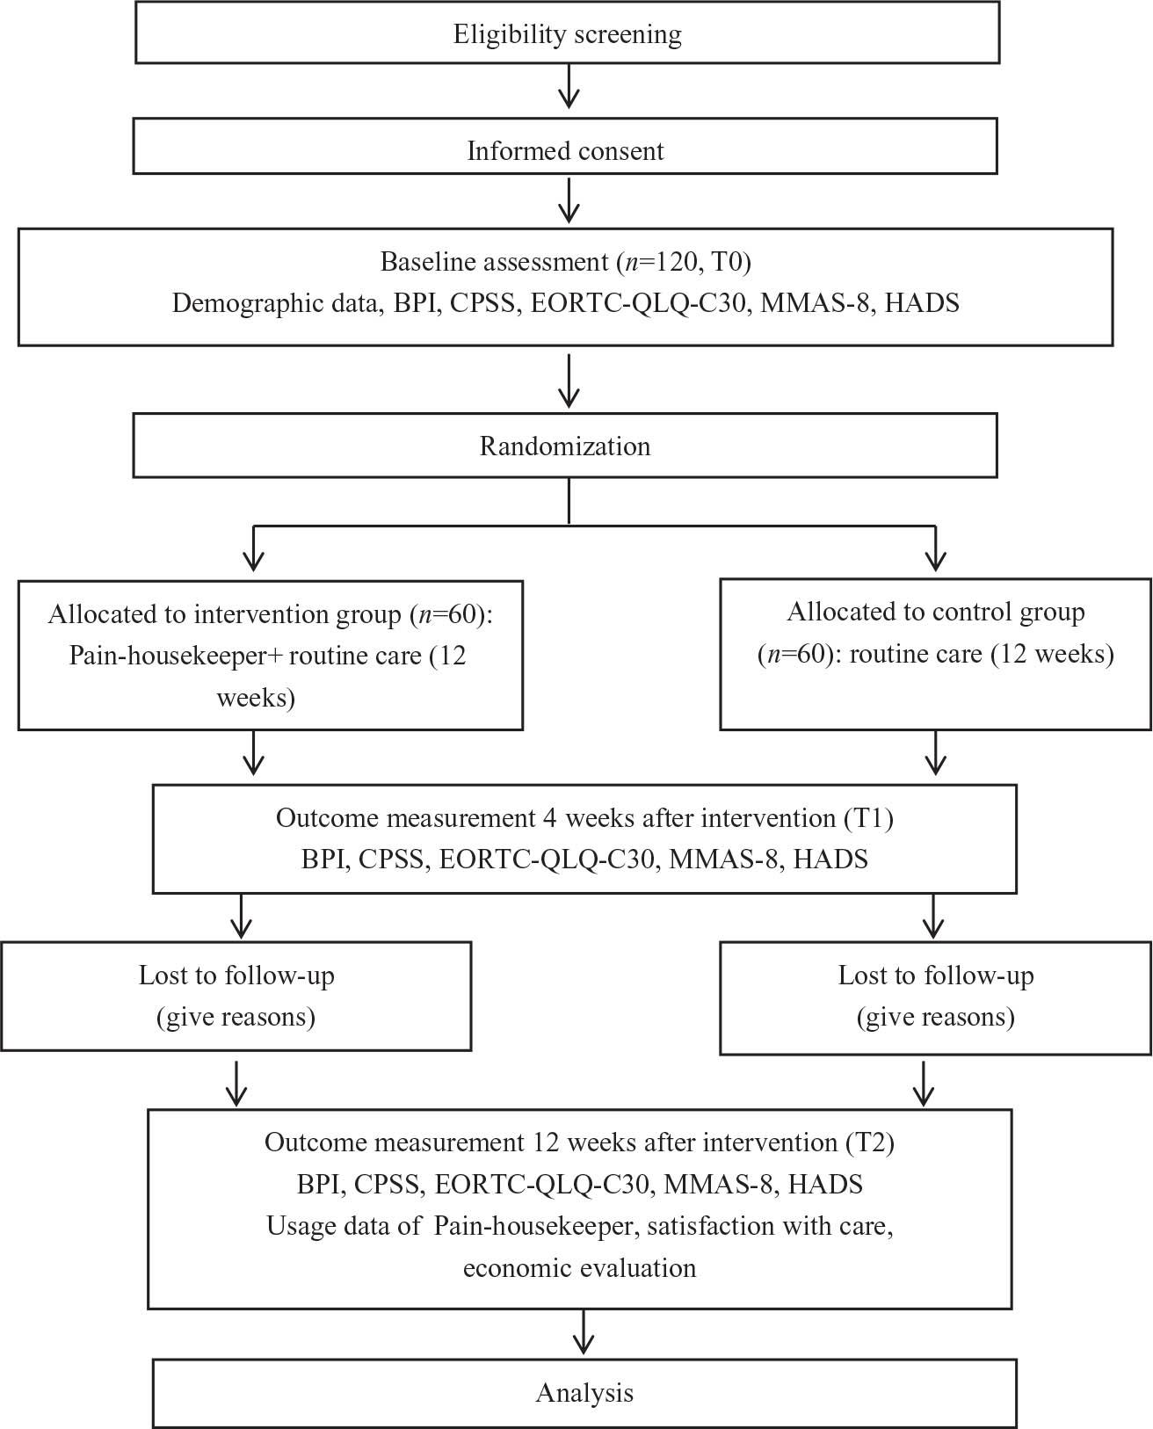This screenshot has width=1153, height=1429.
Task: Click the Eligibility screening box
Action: click(x=568, y=33)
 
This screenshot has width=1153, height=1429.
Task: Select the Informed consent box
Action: click(x=565, y=146)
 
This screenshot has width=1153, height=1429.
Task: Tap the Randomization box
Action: click(x=565, y=446)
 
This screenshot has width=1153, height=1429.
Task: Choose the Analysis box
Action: click(x=584, y=1393)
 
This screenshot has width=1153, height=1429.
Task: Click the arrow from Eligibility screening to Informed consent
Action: click(x=569, y=86)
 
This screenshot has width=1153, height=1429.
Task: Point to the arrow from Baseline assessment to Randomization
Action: click(x=569, y=381)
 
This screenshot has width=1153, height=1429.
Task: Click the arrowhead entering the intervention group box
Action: click(x=254, y=561)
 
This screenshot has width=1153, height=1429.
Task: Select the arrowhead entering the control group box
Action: click(x=936, y=561)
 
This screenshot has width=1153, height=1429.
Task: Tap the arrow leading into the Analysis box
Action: click(x=584, y=1332)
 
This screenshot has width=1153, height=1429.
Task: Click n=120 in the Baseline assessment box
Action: click(x=662, y=262)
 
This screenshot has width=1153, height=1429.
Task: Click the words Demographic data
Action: click(x=277, y=303)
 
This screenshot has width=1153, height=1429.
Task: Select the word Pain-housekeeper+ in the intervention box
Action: click(x=176, y=656)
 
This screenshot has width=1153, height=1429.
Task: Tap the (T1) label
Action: click(x=869, y=818)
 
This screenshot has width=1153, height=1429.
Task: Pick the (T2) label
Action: click(x=870, y=1142)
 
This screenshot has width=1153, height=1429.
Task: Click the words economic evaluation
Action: click(x=579, y=1267)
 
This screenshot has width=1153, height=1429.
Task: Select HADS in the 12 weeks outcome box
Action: click(x=825, y=1184)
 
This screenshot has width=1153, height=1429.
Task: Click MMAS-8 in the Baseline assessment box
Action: click(x=815, y=303)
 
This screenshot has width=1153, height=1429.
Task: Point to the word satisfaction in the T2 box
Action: click(x=710, y=1226)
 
